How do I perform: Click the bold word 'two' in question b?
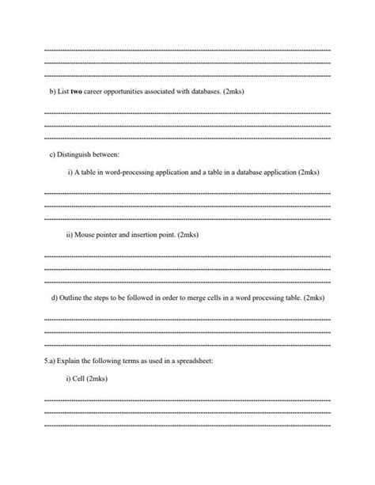tap(77, 92)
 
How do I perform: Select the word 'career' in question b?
tap(95, 92)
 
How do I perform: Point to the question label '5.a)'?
tap(50, 361)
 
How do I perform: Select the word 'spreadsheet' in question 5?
tap(195, 361)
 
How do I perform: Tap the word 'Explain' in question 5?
tap(71, 361)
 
